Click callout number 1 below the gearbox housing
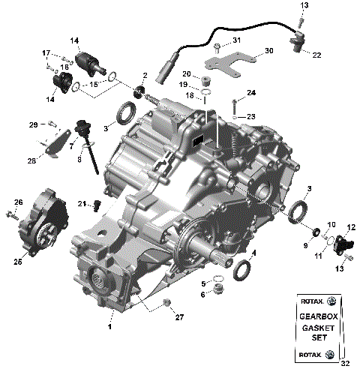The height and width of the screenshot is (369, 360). point(110,328)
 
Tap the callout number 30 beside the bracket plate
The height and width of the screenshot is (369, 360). point(269,53)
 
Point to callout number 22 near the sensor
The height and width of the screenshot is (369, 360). point(316,55)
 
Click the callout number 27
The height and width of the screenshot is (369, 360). point(179,318)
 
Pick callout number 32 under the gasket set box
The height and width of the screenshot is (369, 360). point(344,364)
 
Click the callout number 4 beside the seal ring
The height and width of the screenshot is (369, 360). point(253,253)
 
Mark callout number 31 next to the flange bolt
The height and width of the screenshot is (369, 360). point(235,40)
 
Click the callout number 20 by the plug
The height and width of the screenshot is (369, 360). point(185,73)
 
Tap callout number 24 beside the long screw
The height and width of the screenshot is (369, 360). point(252,93)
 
